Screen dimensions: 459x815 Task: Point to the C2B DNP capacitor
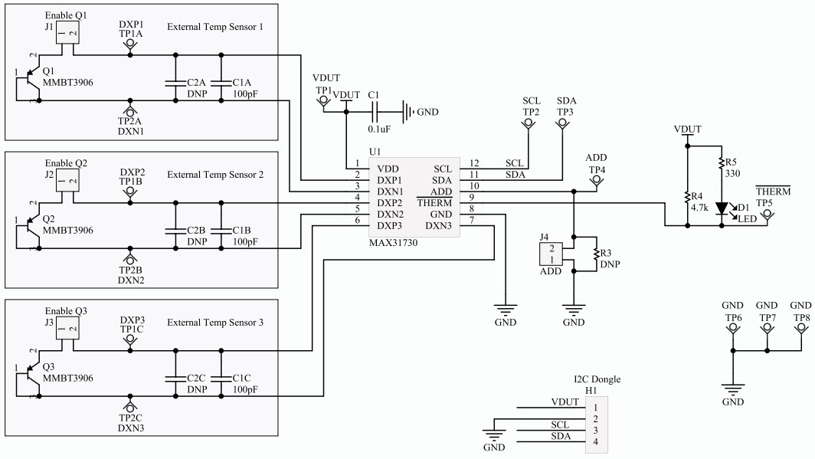(175, 225)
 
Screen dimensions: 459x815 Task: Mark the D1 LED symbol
(722, 208)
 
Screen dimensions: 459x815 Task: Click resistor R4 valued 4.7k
(688, 201)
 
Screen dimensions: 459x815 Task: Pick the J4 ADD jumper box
(551, 254)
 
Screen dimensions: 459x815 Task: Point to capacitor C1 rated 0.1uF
(375, 112)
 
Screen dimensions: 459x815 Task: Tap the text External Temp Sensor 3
(215, 323)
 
